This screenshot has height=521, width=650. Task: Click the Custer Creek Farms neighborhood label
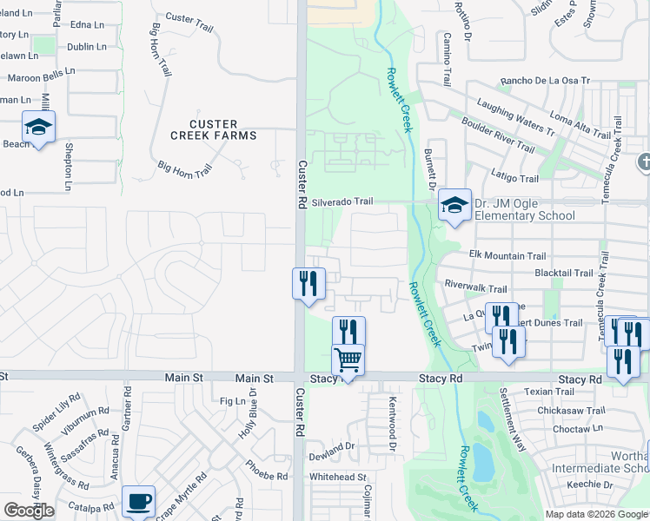click(x=213, y=129)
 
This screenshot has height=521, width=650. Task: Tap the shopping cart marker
click(x=348, y=359)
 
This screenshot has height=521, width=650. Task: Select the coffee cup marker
click(x=138, y=501)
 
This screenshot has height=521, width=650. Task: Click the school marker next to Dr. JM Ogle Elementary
click(x=454, y=207)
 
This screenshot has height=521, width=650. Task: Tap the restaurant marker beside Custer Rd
click(x=308, y=283)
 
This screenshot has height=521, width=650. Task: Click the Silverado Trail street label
click(x=342, y=201)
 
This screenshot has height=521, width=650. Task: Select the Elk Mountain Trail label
click(x=507, y=256)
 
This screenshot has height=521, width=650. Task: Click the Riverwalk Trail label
click(x=475, y=287)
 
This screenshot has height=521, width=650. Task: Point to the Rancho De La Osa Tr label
click(x=545, y=82)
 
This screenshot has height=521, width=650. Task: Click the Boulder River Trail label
click(x=498, y=135)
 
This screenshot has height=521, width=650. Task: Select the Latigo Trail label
click(x=515, y=178)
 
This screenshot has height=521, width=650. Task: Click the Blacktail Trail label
click(x=565, y=272)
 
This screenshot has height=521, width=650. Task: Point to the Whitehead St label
click(x=338, y=477)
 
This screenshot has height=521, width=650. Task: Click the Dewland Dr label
click(x=333, y=446)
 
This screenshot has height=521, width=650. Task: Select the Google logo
click(x=29, y=511)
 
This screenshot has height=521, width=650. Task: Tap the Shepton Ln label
click(x=67, y=166)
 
